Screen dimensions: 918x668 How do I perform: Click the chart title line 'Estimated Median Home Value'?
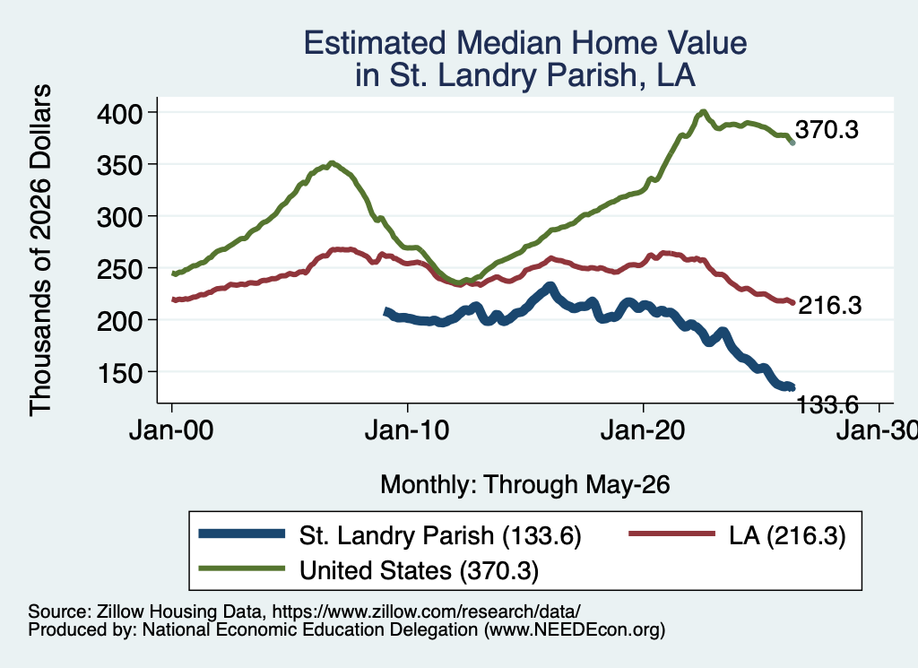tap(525, 43)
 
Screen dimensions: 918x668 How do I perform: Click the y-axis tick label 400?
tap(120, 113)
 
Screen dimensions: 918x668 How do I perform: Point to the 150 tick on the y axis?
tap(120, 373)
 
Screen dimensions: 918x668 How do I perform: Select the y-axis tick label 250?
tap(120, 269)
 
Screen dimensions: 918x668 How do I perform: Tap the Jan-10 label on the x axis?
tap(407, 430)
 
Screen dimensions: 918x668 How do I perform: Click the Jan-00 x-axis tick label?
tap(171, 430)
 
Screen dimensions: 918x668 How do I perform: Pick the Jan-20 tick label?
tap(643, 430)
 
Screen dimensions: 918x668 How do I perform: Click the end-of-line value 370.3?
tap(827, 130)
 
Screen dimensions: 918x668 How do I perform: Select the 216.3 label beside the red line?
tap(830, 305)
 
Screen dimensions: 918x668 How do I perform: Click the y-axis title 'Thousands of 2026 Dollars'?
tap(40, 250)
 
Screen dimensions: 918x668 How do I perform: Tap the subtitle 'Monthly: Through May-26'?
tap(525, 485)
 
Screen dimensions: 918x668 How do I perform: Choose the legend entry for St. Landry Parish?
tap(390, 535)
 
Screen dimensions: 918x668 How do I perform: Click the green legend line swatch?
tap(242, 568)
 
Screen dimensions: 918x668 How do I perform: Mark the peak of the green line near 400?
tap(703, 111)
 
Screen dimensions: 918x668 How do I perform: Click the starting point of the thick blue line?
tap(386, 312)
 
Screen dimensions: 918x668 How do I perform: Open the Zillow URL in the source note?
tap(426, 612)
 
